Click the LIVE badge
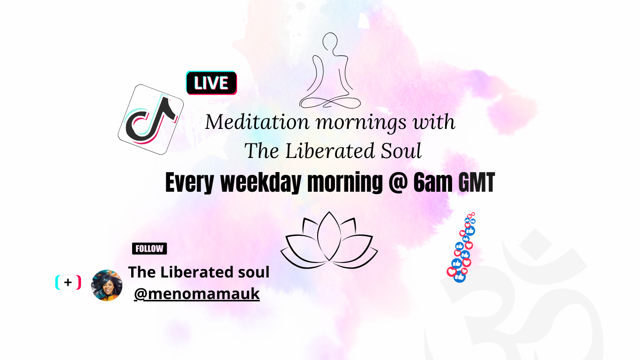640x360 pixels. coord(211,83)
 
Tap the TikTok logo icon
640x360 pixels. coord(150,120)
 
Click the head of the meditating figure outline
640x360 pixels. coord(330,42)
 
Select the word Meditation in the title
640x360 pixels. coord(257,122)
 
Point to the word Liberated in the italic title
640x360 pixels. coord(330,151)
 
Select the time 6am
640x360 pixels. coord(433,182)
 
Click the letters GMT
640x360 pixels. coord(476,182)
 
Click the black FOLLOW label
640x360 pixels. coord(149,248)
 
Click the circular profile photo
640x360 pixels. coord(106,285)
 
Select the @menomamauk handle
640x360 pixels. coord(197,294)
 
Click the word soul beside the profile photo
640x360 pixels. coord(254,272)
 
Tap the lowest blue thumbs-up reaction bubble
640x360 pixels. coord(460,277)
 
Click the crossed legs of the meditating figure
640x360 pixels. coord(330,102)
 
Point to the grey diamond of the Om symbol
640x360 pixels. coord(536,245)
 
